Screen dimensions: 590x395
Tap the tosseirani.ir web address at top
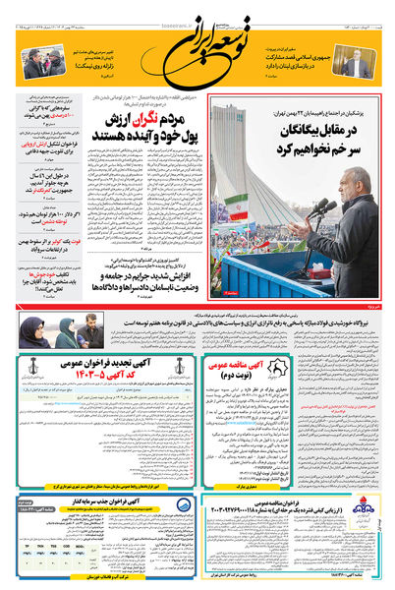click(197, 6)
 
